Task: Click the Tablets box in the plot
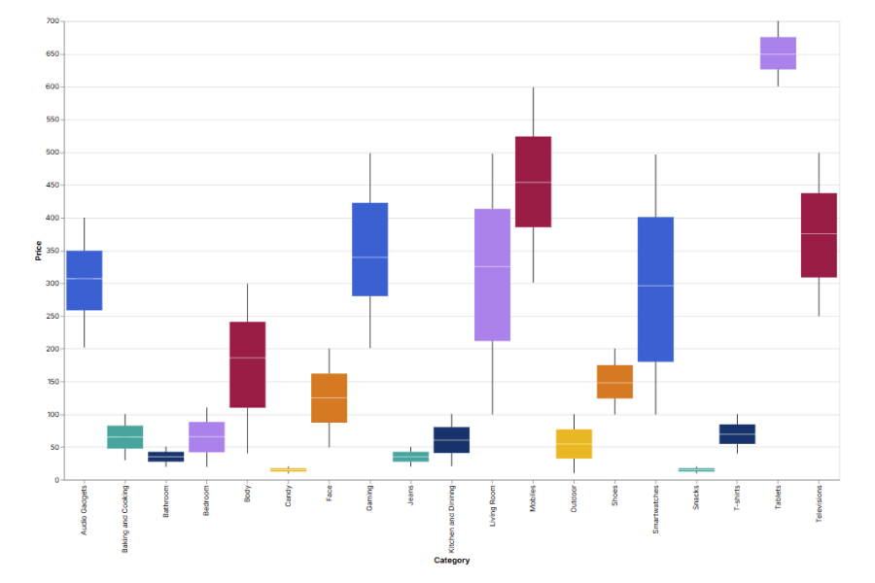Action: [778, 53]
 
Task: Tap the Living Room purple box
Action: [492, 275]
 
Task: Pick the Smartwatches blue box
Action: [655, 290]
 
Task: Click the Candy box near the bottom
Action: [288, 469]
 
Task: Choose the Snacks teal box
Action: [696, 469]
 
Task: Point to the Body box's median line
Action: [247, 358]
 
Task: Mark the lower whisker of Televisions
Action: [819, 296]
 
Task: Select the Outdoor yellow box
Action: [574, 444]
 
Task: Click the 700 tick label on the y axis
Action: [52, 21]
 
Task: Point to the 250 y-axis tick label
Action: [52, 316]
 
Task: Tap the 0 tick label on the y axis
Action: [56, 480]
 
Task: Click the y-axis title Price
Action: [38, 251]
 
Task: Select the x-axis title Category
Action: [451, 561]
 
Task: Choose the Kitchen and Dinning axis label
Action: [452, 518]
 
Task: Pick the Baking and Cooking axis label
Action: [125, 519]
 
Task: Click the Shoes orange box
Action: [614, 382]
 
